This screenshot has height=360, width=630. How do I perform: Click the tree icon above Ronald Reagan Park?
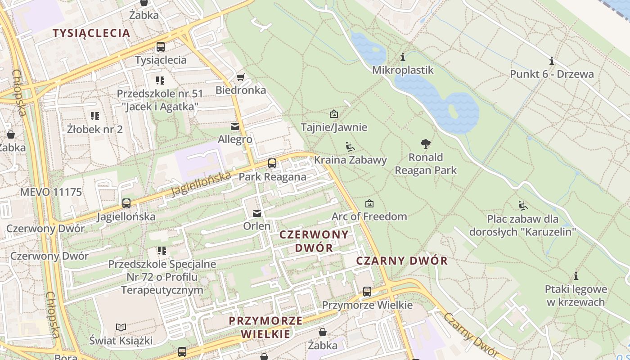tap(425, 144)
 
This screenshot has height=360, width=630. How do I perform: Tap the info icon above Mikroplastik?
tap(403, 57)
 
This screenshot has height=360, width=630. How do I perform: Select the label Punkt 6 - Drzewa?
tap(552, 74)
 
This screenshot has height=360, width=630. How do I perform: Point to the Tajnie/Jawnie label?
tap(334, 127)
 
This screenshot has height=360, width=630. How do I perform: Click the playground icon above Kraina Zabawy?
tap(350, 147)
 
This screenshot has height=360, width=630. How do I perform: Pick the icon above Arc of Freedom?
tap(369, 203)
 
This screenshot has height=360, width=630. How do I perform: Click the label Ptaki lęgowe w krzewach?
tap(576, 296)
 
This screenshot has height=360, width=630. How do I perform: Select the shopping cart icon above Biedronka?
tap(241, 77)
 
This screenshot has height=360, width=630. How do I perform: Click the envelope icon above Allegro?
tap(235, 126)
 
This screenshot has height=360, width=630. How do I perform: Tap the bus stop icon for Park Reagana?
tap(272, 163)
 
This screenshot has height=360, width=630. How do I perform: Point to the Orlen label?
tap(257, 226)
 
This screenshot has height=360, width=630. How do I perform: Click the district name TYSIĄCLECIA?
tap(91, 33)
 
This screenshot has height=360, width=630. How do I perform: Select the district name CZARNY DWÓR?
tap(402, 261)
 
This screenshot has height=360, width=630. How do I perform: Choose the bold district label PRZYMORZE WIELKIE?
tap(265, 328)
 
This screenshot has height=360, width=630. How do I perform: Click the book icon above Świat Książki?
tap(121, 327)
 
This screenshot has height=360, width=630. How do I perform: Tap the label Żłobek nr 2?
tap(94, 130)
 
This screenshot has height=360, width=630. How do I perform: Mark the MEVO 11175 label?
tap(51, 193)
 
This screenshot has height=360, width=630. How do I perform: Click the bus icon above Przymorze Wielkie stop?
tap(367, 292)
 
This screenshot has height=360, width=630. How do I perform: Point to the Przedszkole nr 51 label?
tap(160, 94)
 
